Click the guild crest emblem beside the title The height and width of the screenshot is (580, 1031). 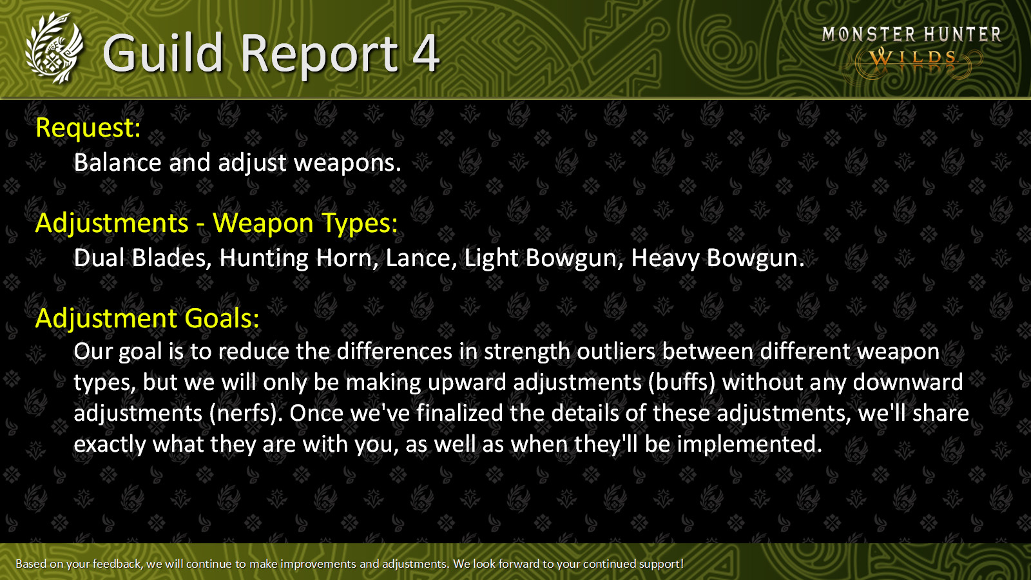click(54, 48)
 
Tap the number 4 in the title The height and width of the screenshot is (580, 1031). click(426, 53)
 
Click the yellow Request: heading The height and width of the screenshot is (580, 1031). click(88, 128)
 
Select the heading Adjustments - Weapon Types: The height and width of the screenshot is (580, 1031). click(217, 223)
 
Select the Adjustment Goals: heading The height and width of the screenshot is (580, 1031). click(148, 318)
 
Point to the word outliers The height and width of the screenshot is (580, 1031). click(616, 352)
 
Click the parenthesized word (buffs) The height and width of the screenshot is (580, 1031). click(682, 383)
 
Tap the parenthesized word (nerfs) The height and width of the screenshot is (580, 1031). click(246, 413)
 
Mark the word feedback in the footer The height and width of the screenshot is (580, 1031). click(117, 564)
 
